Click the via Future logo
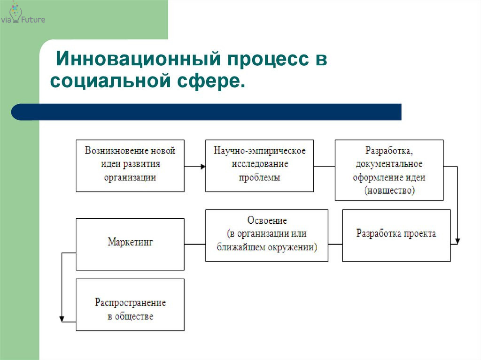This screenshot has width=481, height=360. click(23, 14)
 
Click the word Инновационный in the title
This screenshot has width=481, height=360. click(139, 58)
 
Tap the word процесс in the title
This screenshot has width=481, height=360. click(268, 60)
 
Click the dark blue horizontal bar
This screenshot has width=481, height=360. click(206, 112)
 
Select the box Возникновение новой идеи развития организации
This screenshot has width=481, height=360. click(130, 166)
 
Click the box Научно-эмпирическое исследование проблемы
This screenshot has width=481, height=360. click(259, 166)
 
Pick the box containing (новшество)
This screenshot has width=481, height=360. click(389, 170)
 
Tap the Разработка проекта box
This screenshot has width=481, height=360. click(396, 236)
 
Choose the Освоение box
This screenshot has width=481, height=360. click(267, 236)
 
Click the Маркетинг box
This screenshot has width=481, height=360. click(130, 244)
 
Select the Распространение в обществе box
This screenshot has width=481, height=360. click(130, 305)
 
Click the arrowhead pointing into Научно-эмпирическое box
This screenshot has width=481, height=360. click(203, 167)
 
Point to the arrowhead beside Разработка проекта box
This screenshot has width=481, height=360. click(458, 241)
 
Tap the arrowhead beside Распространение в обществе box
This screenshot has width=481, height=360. click(62, 319)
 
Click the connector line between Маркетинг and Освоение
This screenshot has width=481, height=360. click(195, 245)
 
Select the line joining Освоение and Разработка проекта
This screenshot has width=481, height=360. click(335, 245)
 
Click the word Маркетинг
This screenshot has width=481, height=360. click(130, 242)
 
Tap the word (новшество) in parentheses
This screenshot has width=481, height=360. click(389, 191)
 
